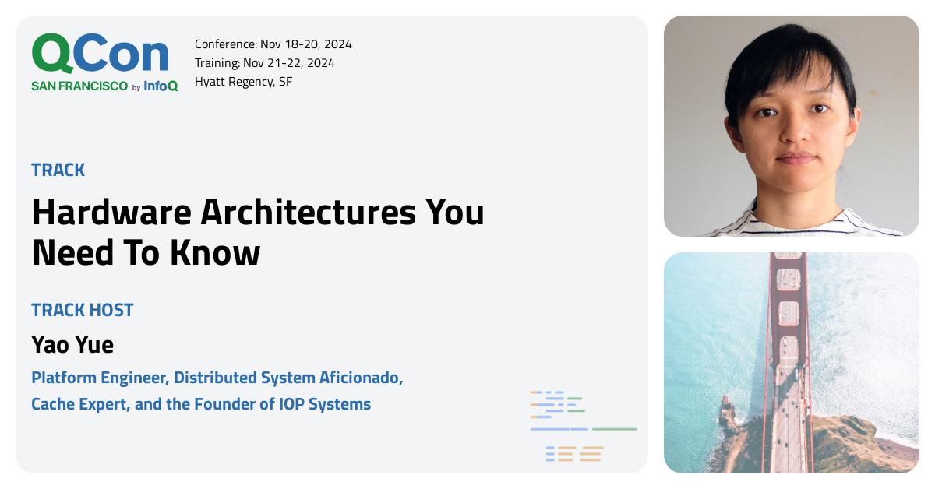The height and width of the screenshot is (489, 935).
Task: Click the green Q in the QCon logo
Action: pyautogui.click(x=52, y=55)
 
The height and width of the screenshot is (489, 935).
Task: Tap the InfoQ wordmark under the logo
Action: pyautogui.click(x=161, y=86)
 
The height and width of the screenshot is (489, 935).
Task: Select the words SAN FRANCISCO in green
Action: pyautogui.click(x=79, y=86)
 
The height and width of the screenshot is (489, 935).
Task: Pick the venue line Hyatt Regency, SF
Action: pyautogui.click(x=243, y=82)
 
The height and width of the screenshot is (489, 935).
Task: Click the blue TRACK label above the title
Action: pyautogui.click(x=58, y=170)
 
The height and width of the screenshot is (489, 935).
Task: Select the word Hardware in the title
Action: pyautogui.click(x=112, y=213)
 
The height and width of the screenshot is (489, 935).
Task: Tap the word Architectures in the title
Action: pyautogui.click(x=309, y=213)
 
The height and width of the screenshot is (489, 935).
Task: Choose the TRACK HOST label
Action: pyautogui.click(x=83, y=310)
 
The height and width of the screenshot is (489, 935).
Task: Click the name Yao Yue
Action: pyautogui.click(x=72, y=345)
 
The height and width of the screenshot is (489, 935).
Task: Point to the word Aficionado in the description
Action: pyautogui.click(x=361, y=378)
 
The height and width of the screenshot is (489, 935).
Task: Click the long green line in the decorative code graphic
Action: pyautogui.click(x=615, y=429)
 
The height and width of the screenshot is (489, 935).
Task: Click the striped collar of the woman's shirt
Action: pyautogui.click(x=793, y=223)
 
